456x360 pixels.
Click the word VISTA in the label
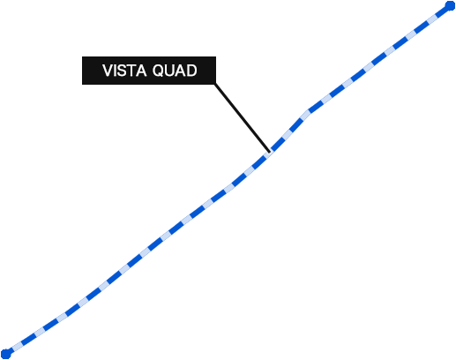pyautogui.click(x=124, y=71)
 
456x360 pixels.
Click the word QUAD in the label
pyautogui.click(x=175, y=71)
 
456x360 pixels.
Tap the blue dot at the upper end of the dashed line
pyautogui.click(x=450, y=6)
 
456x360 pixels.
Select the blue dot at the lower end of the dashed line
pyautogui.click(x=6, y=354)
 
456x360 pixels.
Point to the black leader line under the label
pyautogui.click(x=243, y=118)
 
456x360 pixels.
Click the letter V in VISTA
pyautogui.click(x=108, y=71)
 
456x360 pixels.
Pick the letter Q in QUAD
pyautogui.click(x=158, y=71)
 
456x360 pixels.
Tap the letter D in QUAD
pyautogui.click(x=192, y=71)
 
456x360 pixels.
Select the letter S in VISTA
pyautogui.click(x=123, y=71)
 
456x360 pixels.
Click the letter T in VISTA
pyautogui.click(x=132, y=71)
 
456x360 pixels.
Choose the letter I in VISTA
pyautogui.click(x=116, y=71)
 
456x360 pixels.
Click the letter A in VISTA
pyautogui.click(x=141, y=71)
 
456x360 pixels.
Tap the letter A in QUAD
pyautogui.click(x=181, y=71)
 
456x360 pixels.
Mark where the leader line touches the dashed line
pyautogui.click(x=270, y=153)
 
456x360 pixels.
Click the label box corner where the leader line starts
pyautogui.click(x=215, y=85)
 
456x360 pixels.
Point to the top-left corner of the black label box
pyautogui.click(x=82, y=56)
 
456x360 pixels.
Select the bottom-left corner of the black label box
pyautogui.click(x=82, y=85)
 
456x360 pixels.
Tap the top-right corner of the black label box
pyautogui.click(x=216, y=56)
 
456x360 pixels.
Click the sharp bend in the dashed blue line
pyautogui.click(x=309, y=112)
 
